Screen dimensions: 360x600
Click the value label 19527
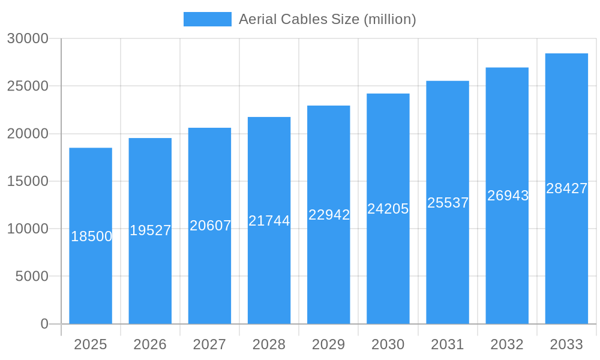pyautogui.click(x=151, y=230)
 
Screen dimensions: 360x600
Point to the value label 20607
pyautogui.click(x=210, y=226)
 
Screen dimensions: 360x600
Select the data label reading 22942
pyautogui.click(x=329, y=215)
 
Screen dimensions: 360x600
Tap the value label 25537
pyautogui.click(x=448, y=203)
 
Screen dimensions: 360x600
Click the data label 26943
pyautogui.click(x=508, y=196)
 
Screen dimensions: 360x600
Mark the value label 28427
pyautogui.click(x=566, y=188)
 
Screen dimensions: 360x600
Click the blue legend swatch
pyautogui.click(x=207, y=19)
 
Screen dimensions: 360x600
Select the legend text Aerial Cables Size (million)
pyautogui.click(x=327, y=19)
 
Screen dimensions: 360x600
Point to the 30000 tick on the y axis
pyautogui.click(x=28, y=38)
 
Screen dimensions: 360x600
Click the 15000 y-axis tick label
pyautogui.click(x=28, y=181)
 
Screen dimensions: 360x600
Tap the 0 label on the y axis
pyautogui.click(x=44, y=324)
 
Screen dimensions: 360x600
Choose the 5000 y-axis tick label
pyautogui.click(x=31, y=277)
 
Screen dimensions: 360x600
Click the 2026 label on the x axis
pyautogui.click(x=150, y=344)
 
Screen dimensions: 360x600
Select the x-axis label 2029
pyautogui.click(x=329, y=344)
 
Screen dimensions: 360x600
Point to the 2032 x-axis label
pyautogui.click(x=507, y=344)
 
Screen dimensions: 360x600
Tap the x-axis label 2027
pyautogui.click(x=209, y=344)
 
